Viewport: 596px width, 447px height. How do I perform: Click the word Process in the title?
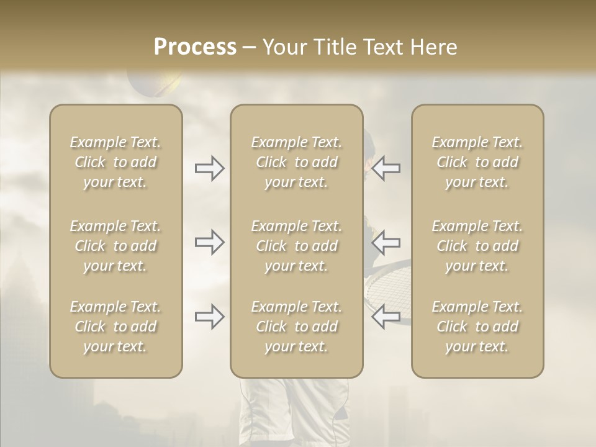[x=195, y=47]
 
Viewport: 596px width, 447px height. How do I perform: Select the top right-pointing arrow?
[x=209, y=168]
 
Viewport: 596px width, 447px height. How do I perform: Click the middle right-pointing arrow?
[x=209, y=242]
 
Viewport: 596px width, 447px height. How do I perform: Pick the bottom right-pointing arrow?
[x=209, y=317]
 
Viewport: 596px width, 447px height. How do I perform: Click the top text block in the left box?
[x=115, y=162]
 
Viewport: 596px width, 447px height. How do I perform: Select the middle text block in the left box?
[x=115, y=246]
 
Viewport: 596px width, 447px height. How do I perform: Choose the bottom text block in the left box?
[x=115, y=327]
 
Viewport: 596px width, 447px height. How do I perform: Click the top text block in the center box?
[x=296, y=162]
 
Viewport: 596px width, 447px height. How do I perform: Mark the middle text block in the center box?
[x=296, y=246]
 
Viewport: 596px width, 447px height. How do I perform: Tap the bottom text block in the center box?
[x=296, y=327]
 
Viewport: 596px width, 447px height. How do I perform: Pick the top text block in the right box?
[x=477, y=162]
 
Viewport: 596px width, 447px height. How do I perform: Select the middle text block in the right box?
[x=477, y=246]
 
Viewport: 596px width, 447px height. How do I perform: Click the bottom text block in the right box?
[x=477, y=327]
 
